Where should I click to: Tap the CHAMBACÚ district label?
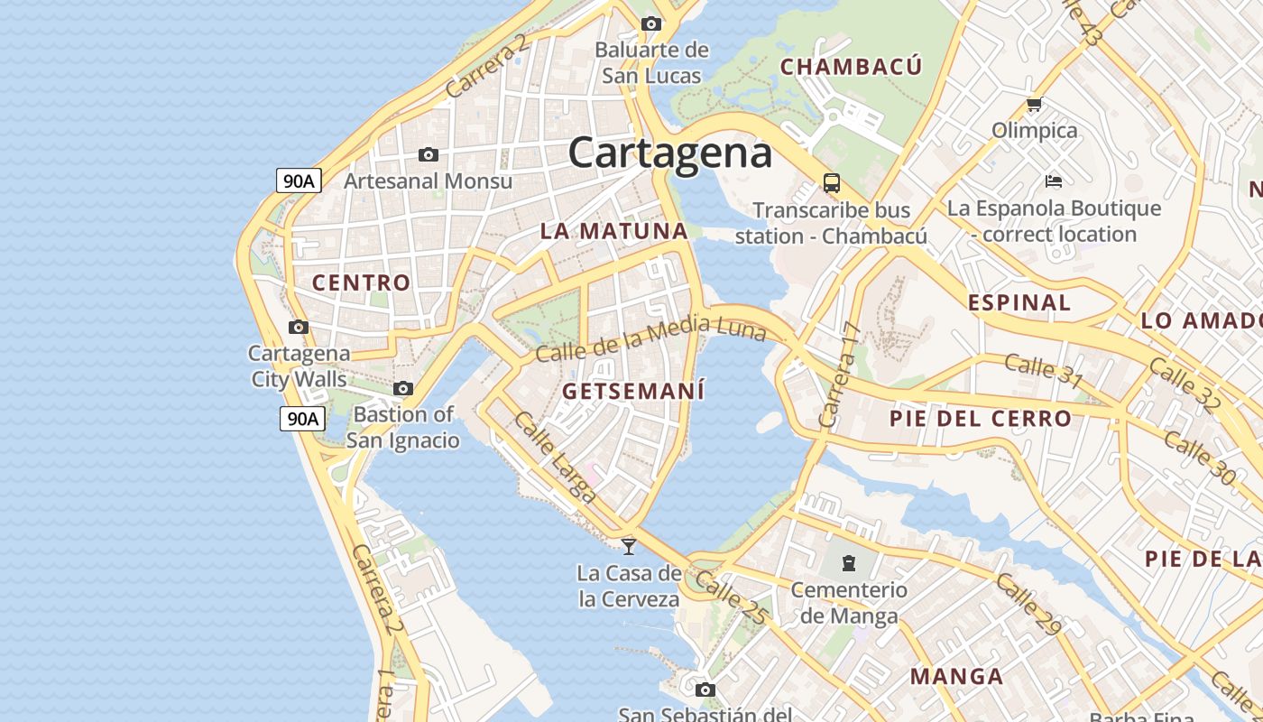pos(851,67)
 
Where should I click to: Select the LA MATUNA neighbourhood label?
pos(613,231)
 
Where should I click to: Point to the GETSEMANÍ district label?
pos(632,391)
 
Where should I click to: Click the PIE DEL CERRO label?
pos(980,419)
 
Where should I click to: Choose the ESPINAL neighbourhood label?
pos(1019,302)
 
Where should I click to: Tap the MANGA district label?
pos(956,677)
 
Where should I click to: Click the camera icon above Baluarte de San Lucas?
pos(650,24)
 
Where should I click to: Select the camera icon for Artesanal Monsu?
pos(429,155)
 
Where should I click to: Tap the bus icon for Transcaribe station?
pos(832,183)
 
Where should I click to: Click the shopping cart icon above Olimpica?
pos(1035,105)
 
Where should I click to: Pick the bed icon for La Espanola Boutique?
pos(1053,181)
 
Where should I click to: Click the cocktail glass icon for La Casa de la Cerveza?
pos(629,546)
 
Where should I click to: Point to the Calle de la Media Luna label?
pos(650,339)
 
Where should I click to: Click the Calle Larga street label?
pos(555,457)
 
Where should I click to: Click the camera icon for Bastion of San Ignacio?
pos(403,389)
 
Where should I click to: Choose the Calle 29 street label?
pos(1029,604)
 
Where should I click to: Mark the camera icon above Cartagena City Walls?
pos(299,328)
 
